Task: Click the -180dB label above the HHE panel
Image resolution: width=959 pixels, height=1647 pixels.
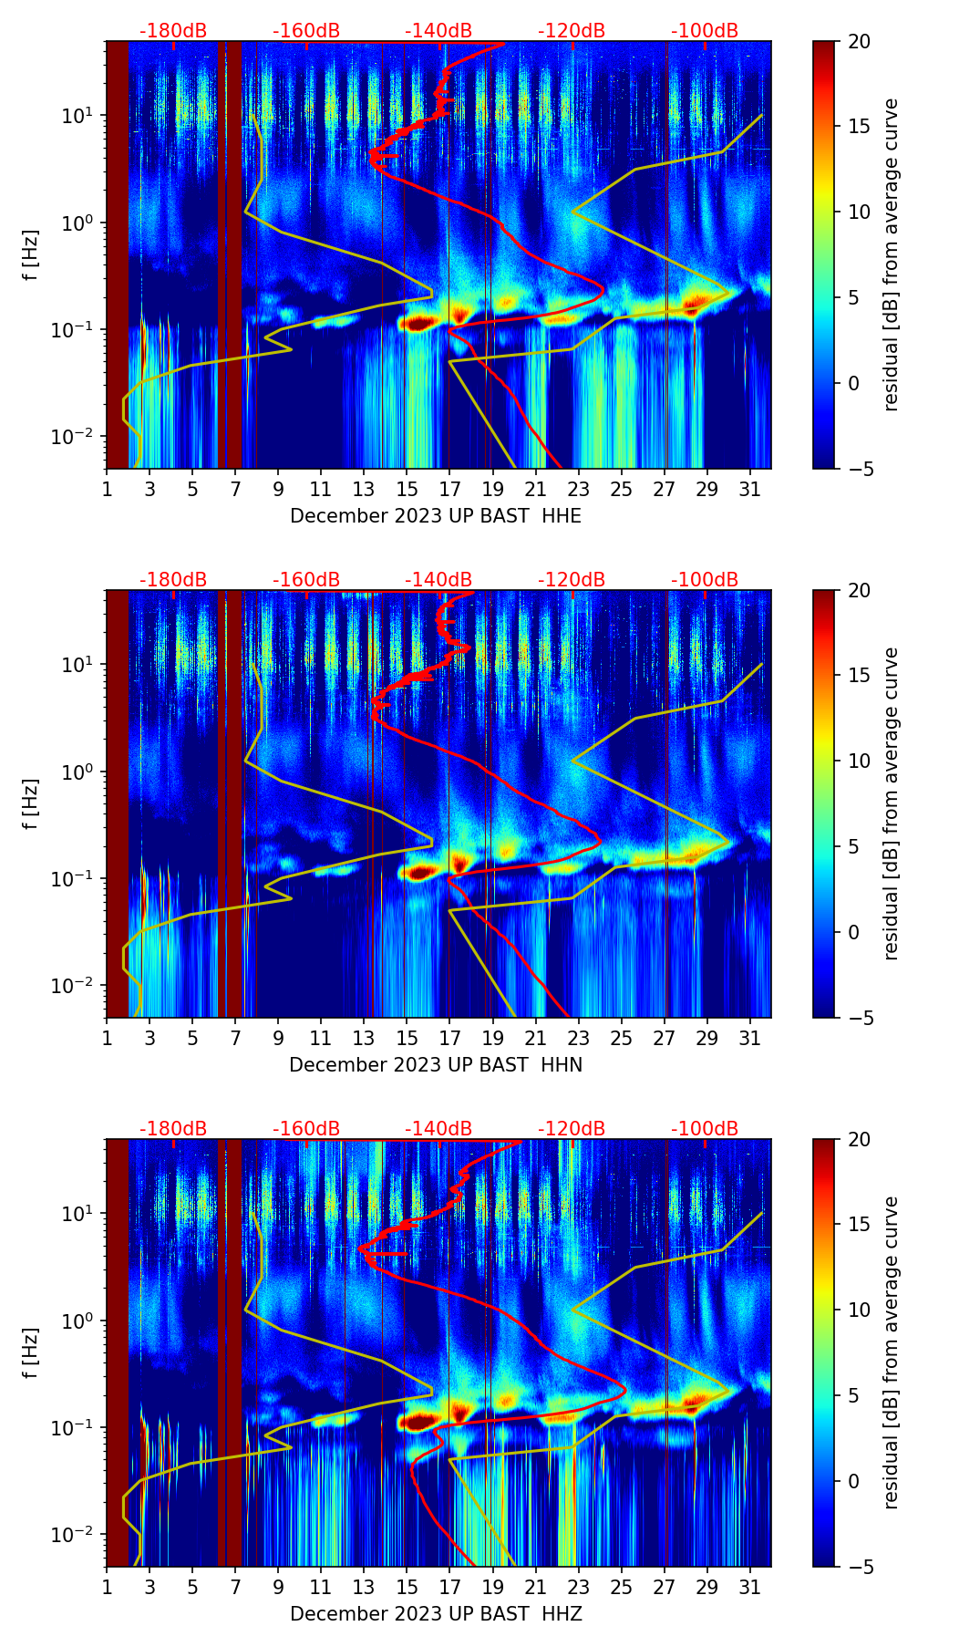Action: click(173, 31)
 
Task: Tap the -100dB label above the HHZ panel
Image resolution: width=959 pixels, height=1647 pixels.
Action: click(705, 1129)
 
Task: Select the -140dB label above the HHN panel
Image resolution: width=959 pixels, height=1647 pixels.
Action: click(438, 580)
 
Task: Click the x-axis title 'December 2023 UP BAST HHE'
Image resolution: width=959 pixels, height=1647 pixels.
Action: click(436, 516)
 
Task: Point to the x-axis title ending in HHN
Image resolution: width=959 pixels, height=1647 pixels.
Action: click(436, 1065)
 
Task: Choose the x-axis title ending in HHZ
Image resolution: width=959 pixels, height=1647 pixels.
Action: click(436, 1614)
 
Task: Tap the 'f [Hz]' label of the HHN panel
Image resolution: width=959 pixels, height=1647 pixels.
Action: click(31, 803)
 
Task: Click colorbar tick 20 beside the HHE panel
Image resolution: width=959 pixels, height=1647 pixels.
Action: click(860, 41)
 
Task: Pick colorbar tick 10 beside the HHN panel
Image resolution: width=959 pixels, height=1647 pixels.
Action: click(860, 761)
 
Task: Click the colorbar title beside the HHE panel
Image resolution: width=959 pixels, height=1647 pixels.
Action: click(892, 254)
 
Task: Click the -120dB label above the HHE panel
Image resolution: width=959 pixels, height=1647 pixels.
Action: click(572, 31)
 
